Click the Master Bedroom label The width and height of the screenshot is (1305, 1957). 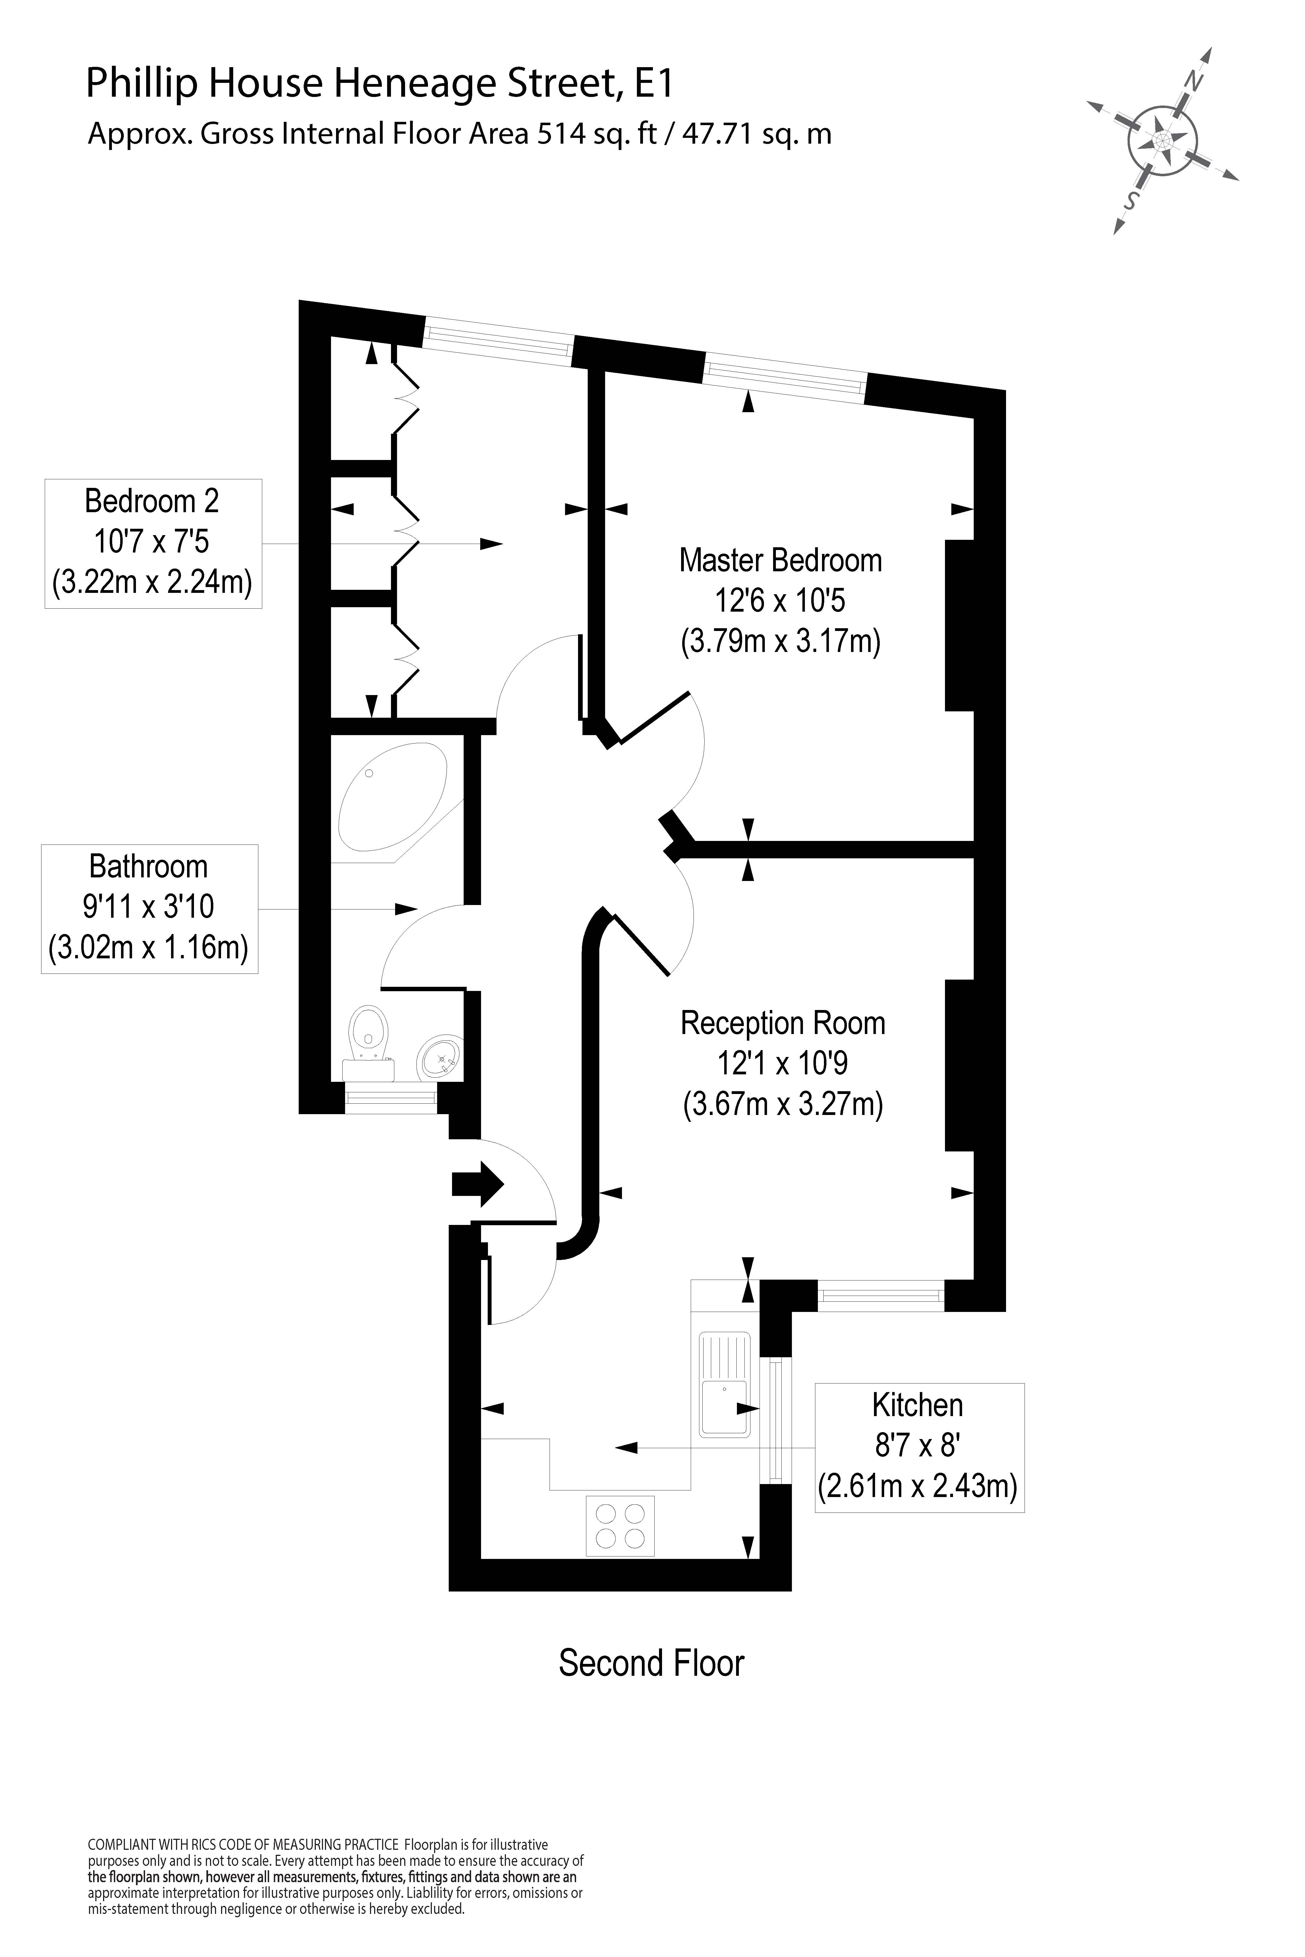(781, 561)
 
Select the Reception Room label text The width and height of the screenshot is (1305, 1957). (782, 1024)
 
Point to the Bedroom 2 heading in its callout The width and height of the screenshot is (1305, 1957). (152, 501)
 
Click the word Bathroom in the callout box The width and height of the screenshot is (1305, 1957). (148, 867)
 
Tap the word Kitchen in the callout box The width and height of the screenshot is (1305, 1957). (917, 1405)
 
